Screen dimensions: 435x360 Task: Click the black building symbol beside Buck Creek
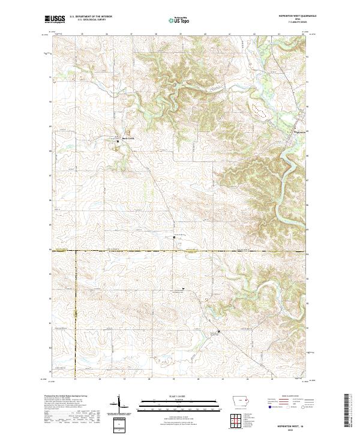[118, 140]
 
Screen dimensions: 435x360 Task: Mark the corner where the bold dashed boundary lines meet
[76, 250]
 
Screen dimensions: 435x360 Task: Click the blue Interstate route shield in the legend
[266, 407]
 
